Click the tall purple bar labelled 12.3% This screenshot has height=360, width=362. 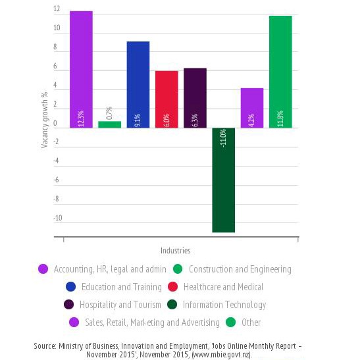(x=81, y=70)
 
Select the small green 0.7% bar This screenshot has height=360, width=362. (x=110, y=124)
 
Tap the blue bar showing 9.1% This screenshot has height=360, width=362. (x=138, y=85)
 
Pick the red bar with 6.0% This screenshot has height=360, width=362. (x=167, y=99)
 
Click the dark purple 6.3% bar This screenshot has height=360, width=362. (x=195, y=98)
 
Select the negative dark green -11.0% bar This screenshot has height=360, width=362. (x=224, y=180)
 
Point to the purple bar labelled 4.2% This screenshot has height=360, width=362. (x=252, y=108)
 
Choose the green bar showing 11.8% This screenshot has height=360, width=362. (x=280, y=72)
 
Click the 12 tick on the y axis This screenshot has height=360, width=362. (x=57, y=9)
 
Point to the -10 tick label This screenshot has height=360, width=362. (x=58, y=218)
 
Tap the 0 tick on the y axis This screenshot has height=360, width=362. (x=55, y=123)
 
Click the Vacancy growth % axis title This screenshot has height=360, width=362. (x=44, y=120)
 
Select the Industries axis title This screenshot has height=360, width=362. (x=176, y=251)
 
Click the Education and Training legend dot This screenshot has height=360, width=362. (x=70, y=286)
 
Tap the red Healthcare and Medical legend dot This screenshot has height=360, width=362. (x=172, y=286)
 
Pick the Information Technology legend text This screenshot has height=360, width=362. (x=224, y=305)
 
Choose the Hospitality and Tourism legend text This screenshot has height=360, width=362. (x=120, y=305)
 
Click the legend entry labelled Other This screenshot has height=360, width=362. (x=251, y=322)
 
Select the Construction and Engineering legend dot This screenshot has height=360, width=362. (x=178, y=269)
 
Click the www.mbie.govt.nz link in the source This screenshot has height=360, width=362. (x=221, y=354)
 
